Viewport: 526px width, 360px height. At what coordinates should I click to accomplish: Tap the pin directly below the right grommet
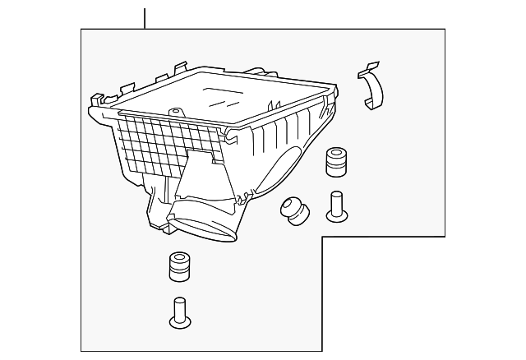tap(336, 205)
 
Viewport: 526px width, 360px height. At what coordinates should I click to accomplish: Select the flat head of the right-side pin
tap(336, 216)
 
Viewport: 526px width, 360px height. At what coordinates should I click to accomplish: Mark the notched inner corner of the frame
tap(321, 238)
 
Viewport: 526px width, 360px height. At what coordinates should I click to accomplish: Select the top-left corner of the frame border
tap(81, 30)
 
